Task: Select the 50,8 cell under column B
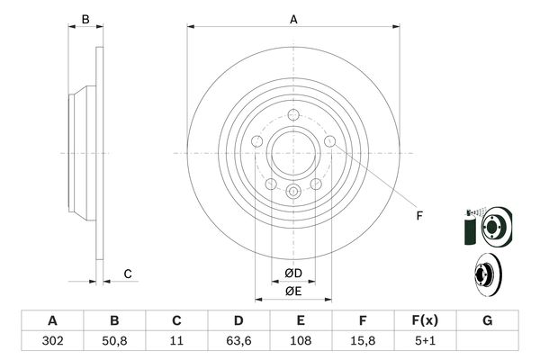(114, 341)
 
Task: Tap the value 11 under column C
(177, 341)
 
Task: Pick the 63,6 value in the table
(238, 341)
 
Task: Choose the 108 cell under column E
(301, 341)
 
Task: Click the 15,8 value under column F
(364, 341)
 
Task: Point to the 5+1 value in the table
(426, 341)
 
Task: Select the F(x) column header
(426, 321)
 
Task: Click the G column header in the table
(488, 321)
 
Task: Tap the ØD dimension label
(293, 274)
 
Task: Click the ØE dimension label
(293, 291)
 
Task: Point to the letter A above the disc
(293, 19)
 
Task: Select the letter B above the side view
(85, 19)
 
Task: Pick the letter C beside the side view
(128, 274)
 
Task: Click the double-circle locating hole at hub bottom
(293, 191)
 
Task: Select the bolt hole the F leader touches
(330, 141)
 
